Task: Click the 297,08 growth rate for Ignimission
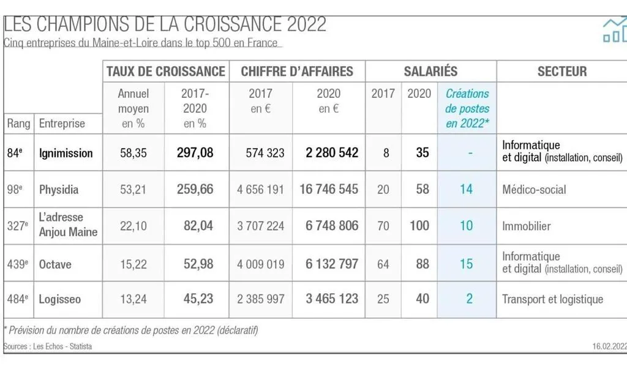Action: point(195,152)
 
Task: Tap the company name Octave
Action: point(55,264)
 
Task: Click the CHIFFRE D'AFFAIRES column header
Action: point(297,71)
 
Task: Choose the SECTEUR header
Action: point(561,71)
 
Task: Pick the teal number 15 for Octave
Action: point(466,264)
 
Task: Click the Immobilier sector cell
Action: point(526,226)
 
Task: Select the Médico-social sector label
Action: point(534,190)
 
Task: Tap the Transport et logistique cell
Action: point(552,299)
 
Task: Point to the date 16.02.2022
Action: point(609,346)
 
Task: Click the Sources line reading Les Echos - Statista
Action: point(48,346)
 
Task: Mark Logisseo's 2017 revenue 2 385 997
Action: point(260,299)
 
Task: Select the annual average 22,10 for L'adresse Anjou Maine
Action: point(133,226)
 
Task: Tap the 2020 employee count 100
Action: point(419,226)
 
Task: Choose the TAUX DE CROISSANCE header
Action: point(166,71)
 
